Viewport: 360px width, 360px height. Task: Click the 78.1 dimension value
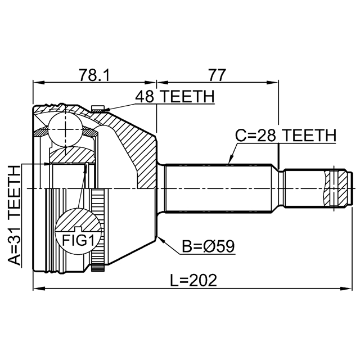94,75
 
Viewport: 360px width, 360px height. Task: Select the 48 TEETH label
174,97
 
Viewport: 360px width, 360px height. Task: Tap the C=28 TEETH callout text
285,136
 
